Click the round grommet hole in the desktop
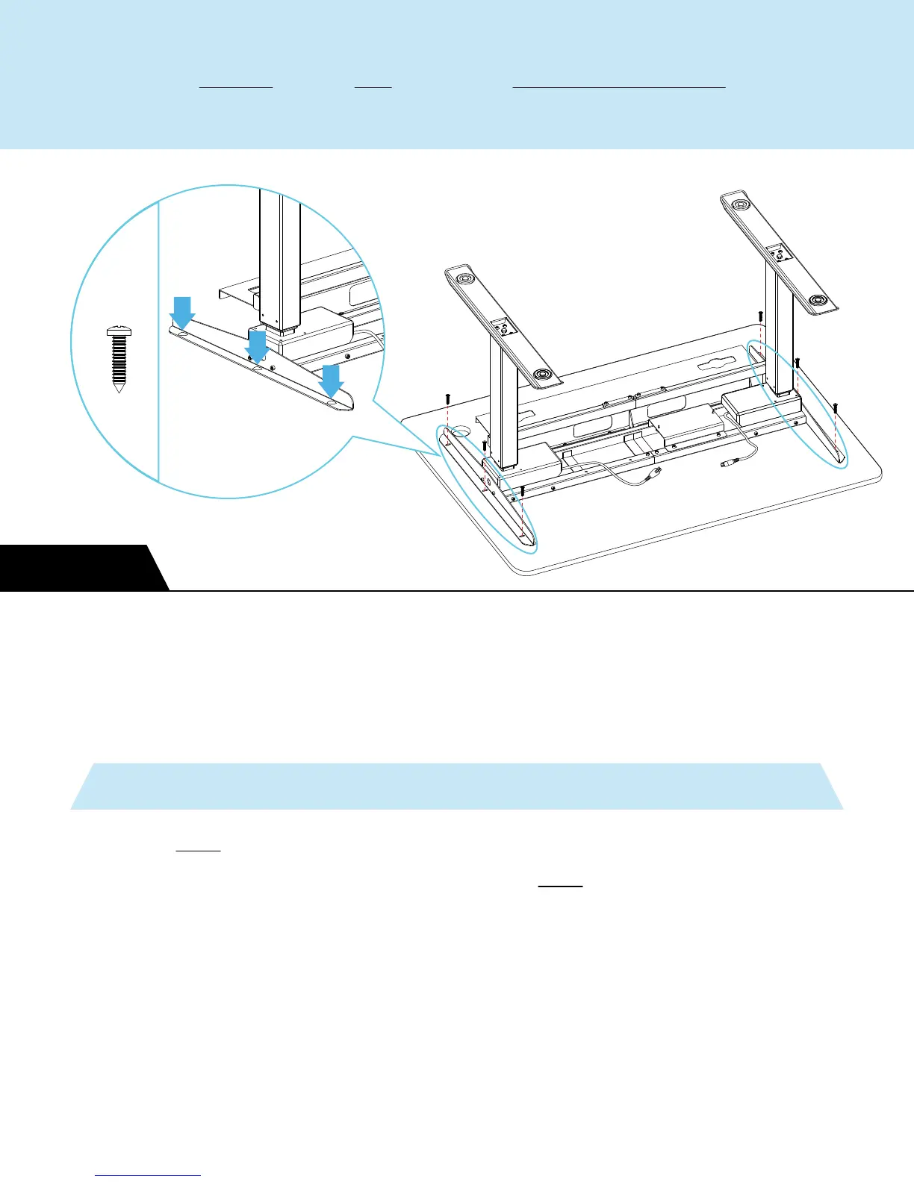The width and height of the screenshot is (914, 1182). [x=459, y=431]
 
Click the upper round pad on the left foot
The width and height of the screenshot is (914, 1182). [x=467, y=280]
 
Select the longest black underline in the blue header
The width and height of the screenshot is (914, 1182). [x=619, y=88]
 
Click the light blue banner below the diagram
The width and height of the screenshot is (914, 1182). [x=457, y=786]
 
